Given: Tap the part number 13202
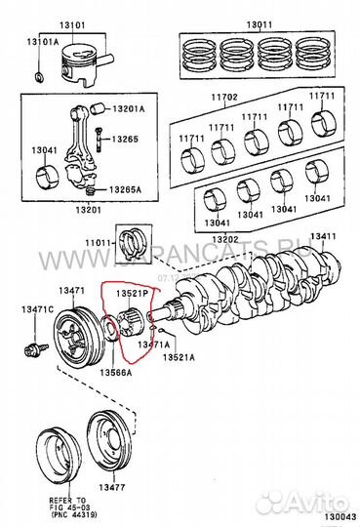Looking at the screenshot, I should point(225,239).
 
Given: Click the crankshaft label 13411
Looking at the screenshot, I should point(323,237).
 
